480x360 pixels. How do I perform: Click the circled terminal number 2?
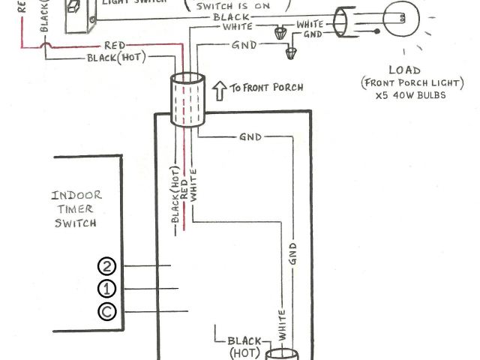click(x=107, y=266)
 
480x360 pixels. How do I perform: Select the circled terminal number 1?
click(x=107, y=289)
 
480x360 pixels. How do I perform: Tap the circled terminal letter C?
click(x=107, y=312)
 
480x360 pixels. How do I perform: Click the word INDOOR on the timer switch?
click(x=76, y=196)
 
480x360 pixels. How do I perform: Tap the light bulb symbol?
click(x=399, y=19)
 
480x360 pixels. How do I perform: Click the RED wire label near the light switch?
click(x=115, y=46)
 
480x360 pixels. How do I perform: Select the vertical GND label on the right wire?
click(x=292, y=256)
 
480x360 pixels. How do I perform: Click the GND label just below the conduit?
click(x=250, y=138)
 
